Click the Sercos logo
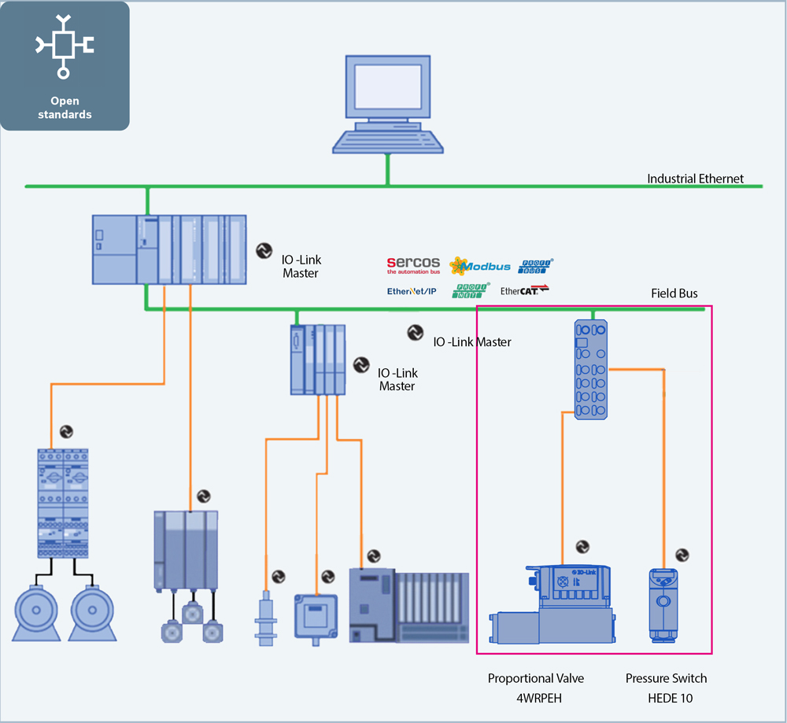click(x=412, y=265)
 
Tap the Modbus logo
click(x=480, y=266)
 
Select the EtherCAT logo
click(x=524, y=290)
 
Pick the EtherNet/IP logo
click(x=411, y=291)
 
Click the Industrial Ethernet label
click(x=695, y=179)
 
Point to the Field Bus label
click(x=674, y=293)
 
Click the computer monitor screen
click(x=386, y=89)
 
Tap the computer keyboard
click(x=386, y=141)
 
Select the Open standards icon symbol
click(x=65, y=46)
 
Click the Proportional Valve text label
click(x=536, y=678)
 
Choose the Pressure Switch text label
click(x=666, y=678)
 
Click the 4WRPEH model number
click(x=536, y=698)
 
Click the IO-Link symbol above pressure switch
click(x=682, y=555)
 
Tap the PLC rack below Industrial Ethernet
click(x=169, y=249)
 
